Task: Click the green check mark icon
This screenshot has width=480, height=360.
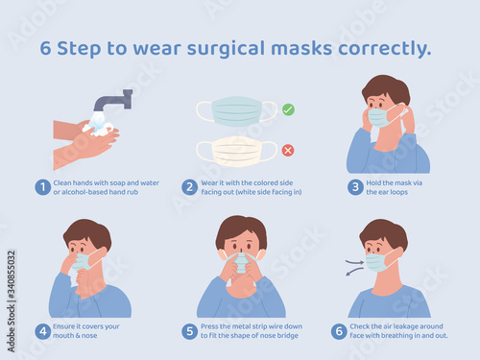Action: tap(288, 109)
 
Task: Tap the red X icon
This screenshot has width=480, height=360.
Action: tap(288, 150)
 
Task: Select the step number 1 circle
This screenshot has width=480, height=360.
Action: tap(42, 187)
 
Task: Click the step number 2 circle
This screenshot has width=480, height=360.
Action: tap(189, 187)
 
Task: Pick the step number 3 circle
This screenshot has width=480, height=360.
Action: tap(355, 187)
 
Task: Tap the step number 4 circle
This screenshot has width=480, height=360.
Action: tap(42, 331)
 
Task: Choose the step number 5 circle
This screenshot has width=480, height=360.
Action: tap(189, 331)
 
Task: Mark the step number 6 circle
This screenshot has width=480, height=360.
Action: tap(339, 331)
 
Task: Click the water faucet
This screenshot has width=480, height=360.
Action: tap(113, 100)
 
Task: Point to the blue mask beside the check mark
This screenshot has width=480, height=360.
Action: tap(236, 111)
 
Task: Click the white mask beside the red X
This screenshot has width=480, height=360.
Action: tap(236, 152)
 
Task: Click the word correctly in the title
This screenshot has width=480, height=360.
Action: tap(385, 49)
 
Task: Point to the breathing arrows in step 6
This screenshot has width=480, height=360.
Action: tap(354, 268)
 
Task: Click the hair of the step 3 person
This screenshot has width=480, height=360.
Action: tap(387, 88)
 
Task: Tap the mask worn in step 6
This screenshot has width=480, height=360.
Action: tap(377, 262)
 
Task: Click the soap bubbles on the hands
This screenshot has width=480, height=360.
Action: tap(97, 129)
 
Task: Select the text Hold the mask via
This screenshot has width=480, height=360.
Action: tap(395, 183)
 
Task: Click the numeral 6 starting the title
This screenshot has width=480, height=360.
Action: tap(45, 49)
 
